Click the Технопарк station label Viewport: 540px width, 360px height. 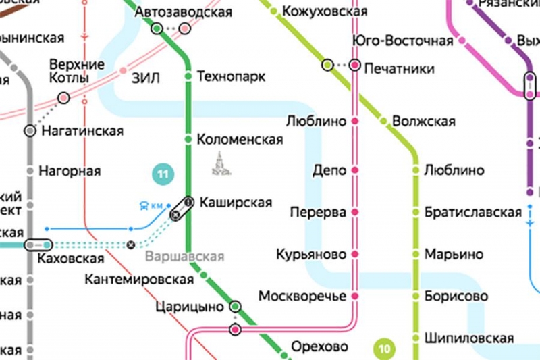pos(231,76)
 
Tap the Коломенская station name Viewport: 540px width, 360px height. pos(240,140)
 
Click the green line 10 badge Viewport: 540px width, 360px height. pos(384,349)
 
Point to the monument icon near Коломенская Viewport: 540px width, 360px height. pos(219,163)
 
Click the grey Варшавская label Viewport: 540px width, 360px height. pos(184,257)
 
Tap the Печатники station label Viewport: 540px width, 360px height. pos(400,69)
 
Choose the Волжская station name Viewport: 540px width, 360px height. pos(423,122)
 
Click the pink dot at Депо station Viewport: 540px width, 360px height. pos(354,170)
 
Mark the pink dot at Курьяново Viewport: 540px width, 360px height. pos(354,255)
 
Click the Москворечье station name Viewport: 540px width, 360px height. pos(302,296)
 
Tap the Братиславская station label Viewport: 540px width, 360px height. pos(473,213)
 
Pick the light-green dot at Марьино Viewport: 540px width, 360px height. pos(416,255)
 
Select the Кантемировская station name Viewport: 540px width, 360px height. pos(135,279)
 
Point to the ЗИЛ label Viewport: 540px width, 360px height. pos(145,78)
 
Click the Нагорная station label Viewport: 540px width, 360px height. pos(70,171)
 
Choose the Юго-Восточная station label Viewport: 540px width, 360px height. pos(403,41)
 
